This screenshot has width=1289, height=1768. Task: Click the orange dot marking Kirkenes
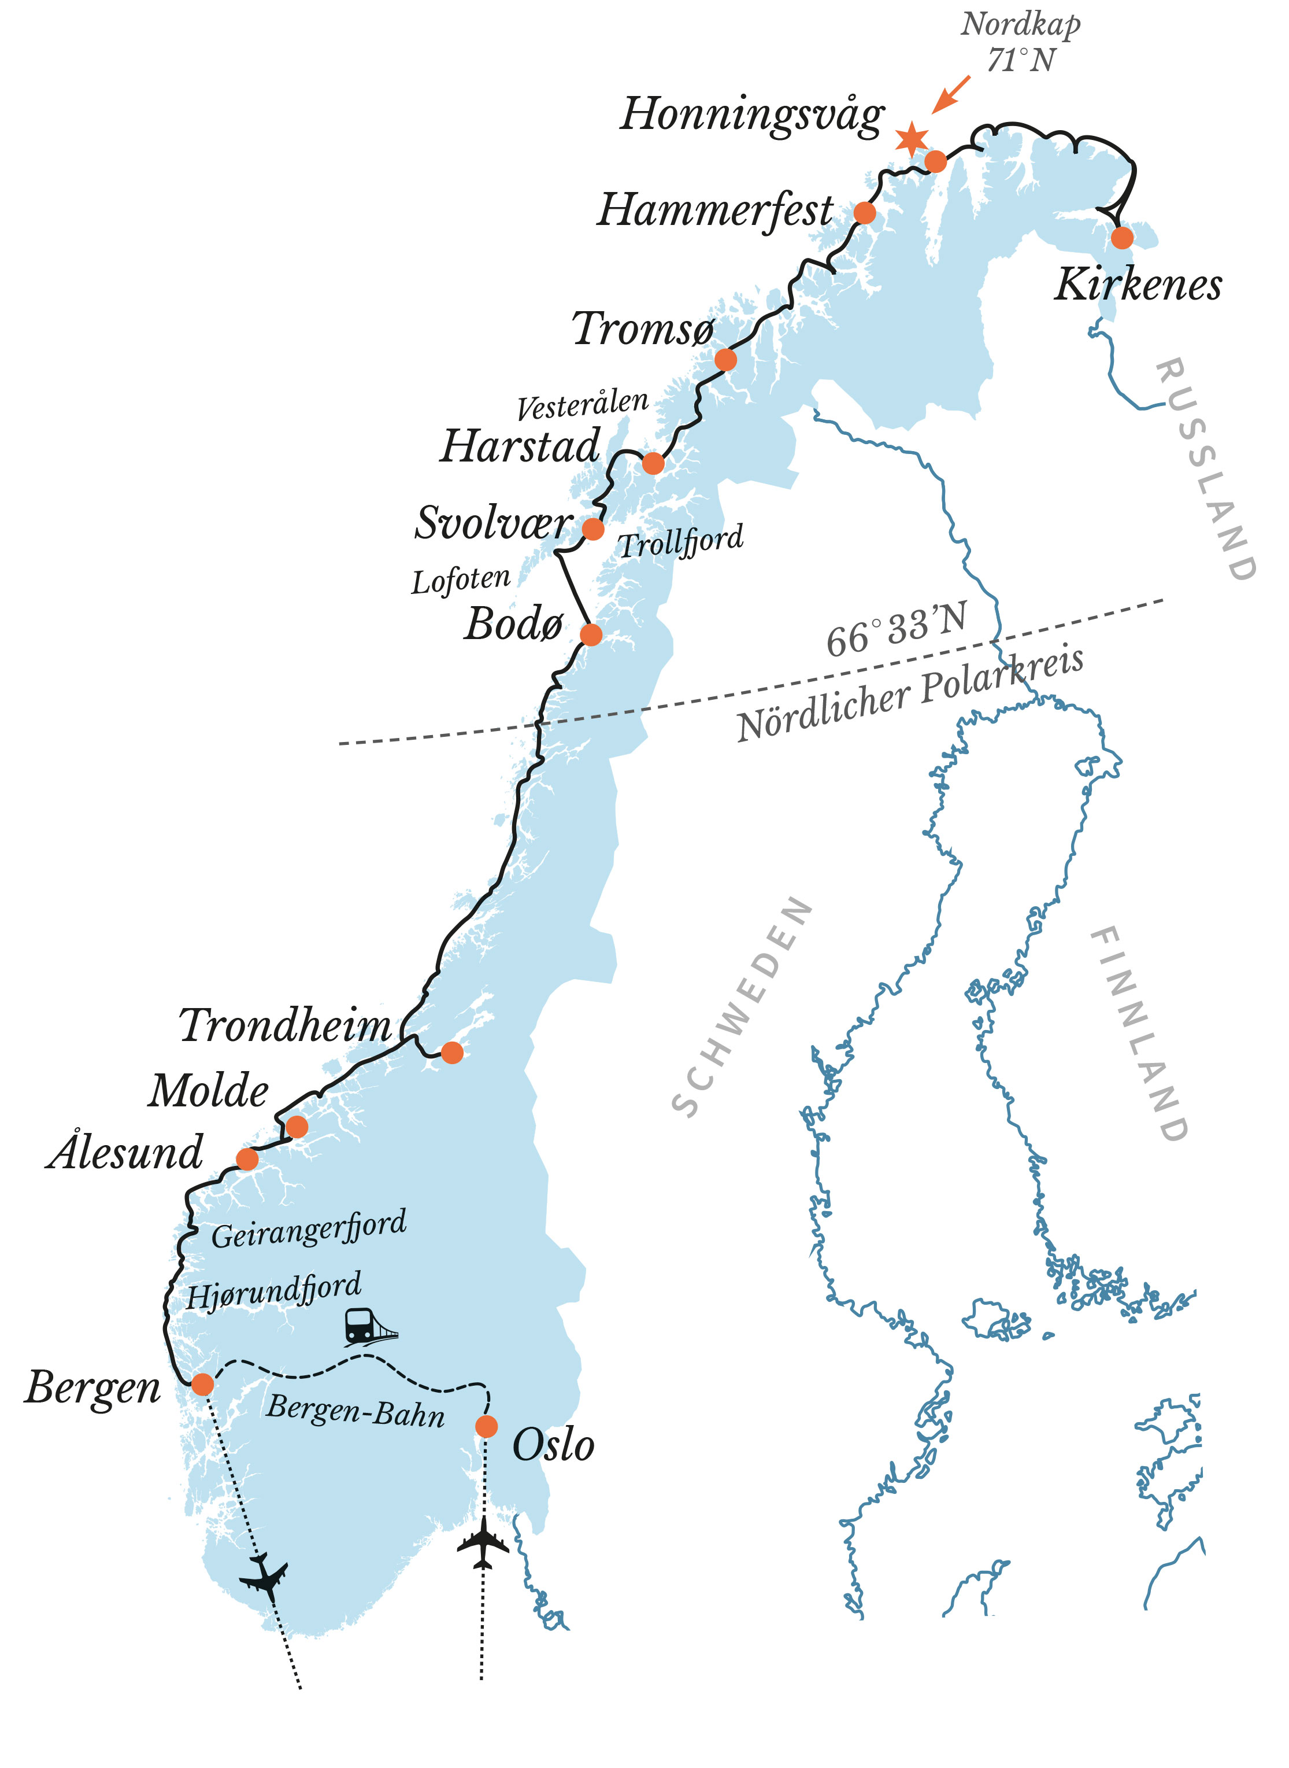[1121, 237]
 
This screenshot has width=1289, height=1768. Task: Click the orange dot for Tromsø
[725, 360]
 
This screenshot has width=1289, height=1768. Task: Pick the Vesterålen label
[582, 404]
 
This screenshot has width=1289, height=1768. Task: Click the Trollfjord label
[680, 541]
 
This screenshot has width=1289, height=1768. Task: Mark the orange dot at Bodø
[591, 634]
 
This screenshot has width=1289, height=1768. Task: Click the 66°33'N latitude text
[896, 632]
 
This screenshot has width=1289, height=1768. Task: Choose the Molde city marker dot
[297, 1127]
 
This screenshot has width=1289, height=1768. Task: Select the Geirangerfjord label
[309, 1230]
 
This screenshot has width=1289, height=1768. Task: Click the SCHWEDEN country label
[741, 1007]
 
